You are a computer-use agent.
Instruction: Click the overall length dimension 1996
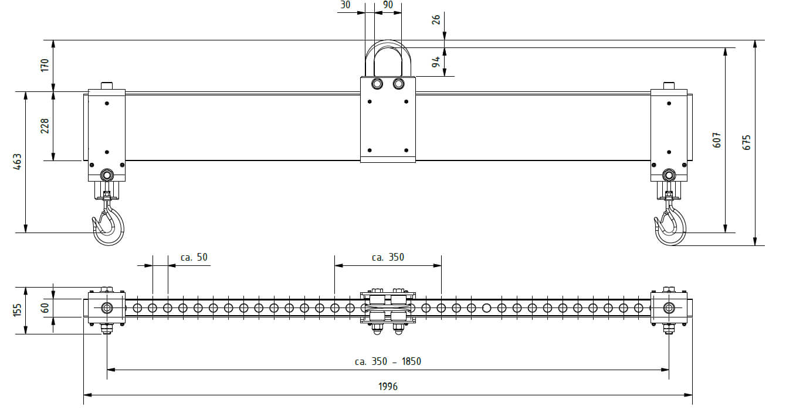388,387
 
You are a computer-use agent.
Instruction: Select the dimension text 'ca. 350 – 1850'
388,361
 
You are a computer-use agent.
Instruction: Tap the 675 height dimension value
746,143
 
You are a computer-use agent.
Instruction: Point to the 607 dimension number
717,140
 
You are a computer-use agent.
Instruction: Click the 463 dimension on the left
17,162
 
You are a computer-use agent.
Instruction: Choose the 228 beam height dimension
45,126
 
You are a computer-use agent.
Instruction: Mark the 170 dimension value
45,66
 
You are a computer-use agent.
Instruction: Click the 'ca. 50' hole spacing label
194,257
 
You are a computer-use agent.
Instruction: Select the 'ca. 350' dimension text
388,257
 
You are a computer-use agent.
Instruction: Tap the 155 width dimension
17,310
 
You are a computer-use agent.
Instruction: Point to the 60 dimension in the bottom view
45,308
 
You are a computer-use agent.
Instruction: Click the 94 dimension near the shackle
436,62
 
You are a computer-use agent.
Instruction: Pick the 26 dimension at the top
436,20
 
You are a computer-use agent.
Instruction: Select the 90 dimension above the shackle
388,5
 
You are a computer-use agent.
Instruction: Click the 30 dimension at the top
345,5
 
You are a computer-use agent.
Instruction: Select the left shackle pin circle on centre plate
377,84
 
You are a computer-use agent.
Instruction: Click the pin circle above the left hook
107,175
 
